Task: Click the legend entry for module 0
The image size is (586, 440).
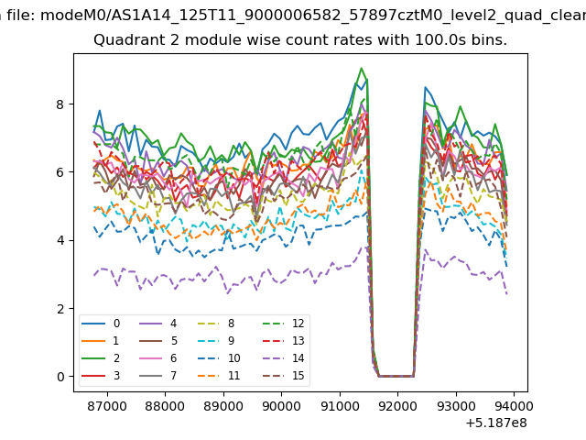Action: [x=101, y=324]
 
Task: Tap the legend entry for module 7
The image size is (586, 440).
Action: [x=157, y=375]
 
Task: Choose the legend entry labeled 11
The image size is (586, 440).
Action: [x=219, y=375]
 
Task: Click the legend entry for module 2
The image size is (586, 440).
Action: [x=101, y=358]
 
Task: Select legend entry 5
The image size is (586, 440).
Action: [x=157, y=341]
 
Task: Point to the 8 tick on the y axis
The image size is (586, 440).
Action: [x=60, y=104]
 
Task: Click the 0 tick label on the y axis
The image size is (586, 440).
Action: [x=60, y=377]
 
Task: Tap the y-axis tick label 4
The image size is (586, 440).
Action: [x=60, y=240]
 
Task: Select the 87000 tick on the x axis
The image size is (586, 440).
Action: [x=107, y=405]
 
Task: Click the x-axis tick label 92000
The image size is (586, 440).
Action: [x=397, y=405]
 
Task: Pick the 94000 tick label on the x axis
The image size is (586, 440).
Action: [x=514, y=405]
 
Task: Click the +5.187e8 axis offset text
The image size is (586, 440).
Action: [x=496, y=423]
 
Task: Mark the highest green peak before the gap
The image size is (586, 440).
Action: [x=361, y=68]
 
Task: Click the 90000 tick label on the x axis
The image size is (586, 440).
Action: [x=281, y=405]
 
